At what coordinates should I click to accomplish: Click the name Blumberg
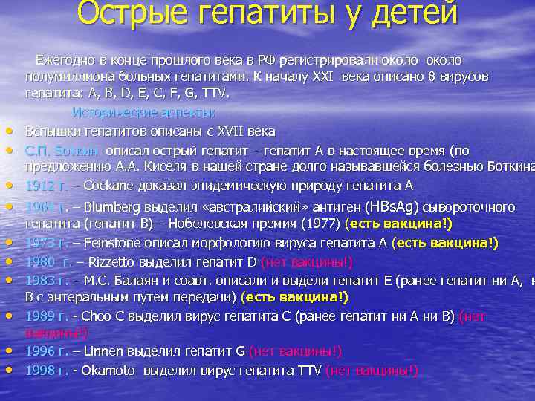click(115, 206)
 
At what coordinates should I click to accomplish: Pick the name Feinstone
click(118, 242)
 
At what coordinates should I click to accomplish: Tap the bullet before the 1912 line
click(13, 186)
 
